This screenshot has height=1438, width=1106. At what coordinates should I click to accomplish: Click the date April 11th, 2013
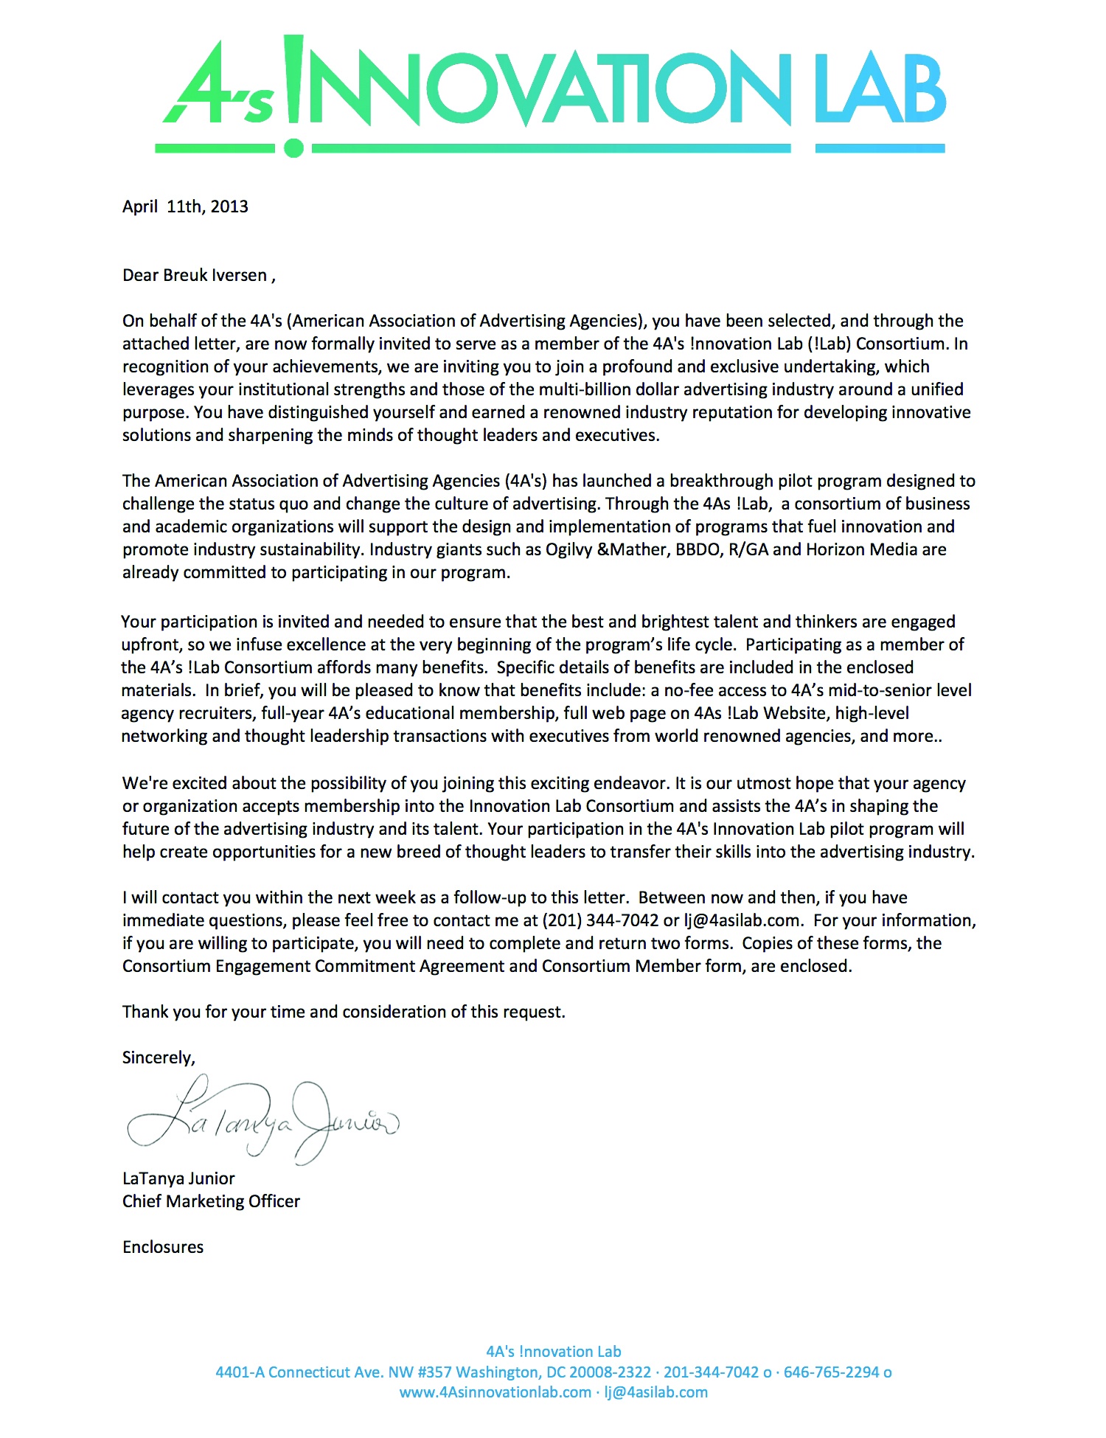pyautogui.click(x=185, y=206)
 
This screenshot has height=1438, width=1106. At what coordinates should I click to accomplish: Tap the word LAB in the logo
pyautogui.click(x=880, y=89)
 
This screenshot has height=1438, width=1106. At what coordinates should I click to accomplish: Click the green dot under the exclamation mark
pyautogui.click(x=293, y=148)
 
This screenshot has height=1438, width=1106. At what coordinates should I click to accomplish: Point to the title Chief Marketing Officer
pyautogui.click(x=211, y=1201)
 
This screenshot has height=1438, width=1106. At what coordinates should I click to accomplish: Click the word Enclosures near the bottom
pyautogui.click(x=163, y=1247)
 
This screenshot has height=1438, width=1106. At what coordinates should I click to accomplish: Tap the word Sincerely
pyautogui.click(x=159, y=1057)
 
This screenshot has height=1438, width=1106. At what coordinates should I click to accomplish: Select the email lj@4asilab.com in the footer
pyautogui.click(x=656, y=1392)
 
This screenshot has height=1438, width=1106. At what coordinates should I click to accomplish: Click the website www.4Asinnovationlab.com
pyautogui.click(x=495, y=1392)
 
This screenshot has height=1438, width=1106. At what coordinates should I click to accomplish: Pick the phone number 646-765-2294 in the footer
pyautogui.click(x=831, y=1372)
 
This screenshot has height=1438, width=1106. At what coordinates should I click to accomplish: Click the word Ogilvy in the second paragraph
pyautogui.click(x=568, y=550)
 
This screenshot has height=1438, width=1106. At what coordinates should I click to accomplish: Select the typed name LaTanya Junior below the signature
pyautogui.click(x=178, y=1178)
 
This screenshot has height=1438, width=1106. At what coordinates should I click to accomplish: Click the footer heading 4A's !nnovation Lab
pyautogui.click(x=553, y=1352)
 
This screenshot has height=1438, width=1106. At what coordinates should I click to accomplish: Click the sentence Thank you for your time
pyautogui.click(x=344, y=1012)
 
